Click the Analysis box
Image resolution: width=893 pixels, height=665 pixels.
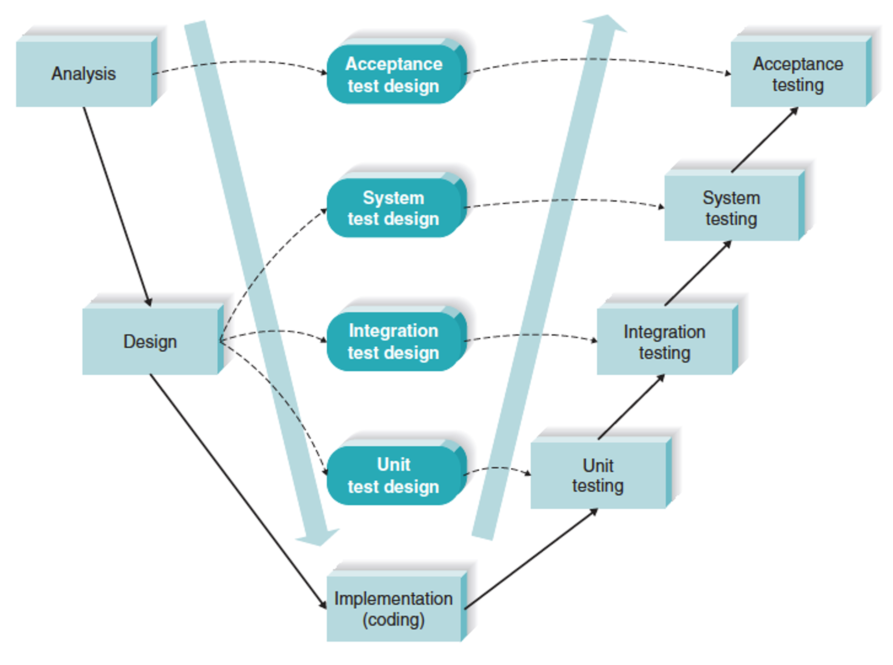(84, 74)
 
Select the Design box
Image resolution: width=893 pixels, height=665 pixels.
(150, 341)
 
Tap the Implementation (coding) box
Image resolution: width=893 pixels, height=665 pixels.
(393, 609)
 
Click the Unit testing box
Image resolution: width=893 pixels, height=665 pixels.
(598, 475)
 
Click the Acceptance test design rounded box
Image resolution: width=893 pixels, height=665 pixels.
(393, 75)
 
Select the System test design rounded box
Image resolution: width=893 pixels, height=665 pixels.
(393, 208)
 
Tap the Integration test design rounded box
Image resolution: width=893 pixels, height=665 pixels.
(393, 342)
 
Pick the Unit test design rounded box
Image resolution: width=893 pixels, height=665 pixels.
(393, 475)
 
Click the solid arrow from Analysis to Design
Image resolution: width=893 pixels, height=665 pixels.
(117, 206)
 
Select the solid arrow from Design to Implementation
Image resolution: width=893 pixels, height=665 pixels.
(237, 490)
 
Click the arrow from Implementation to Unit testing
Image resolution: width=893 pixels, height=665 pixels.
(531, 560)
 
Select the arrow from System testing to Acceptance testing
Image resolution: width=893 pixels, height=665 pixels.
(764, 140)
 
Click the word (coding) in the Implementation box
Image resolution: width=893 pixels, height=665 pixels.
(393, 619)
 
